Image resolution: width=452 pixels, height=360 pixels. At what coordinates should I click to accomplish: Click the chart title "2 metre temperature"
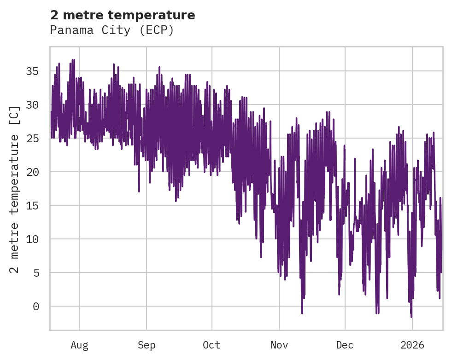point(123,15)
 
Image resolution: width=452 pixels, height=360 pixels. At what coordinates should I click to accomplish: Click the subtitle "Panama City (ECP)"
point(112,30)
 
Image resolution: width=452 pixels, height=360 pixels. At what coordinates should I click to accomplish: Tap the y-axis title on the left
point(15,189)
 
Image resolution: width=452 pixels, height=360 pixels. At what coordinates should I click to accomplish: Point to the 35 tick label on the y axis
point(32,71)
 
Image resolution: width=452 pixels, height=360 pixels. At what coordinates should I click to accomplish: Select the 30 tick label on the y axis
point(32,105)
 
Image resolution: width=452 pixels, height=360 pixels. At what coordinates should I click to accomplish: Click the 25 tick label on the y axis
point(32,138)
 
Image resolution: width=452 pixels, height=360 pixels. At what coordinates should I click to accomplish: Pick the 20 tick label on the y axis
point(32,172)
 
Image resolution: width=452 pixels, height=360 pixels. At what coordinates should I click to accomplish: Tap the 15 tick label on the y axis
point(32,205)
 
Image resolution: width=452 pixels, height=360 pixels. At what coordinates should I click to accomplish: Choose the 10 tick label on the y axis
point(32,239)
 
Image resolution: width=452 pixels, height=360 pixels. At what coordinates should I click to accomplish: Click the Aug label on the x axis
point(79,345)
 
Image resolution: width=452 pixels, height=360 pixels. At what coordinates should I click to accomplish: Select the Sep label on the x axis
point(147,345)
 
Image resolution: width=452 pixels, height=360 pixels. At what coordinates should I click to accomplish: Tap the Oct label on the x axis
point(212,345)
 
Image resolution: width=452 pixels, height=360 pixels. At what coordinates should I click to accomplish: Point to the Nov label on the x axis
point(279,345)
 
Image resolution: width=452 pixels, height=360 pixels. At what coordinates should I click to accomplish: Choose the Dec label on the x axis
point(345,345)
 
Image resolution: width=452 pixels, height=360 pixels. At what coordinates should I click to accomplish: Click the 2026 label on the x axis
point(412,345)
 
